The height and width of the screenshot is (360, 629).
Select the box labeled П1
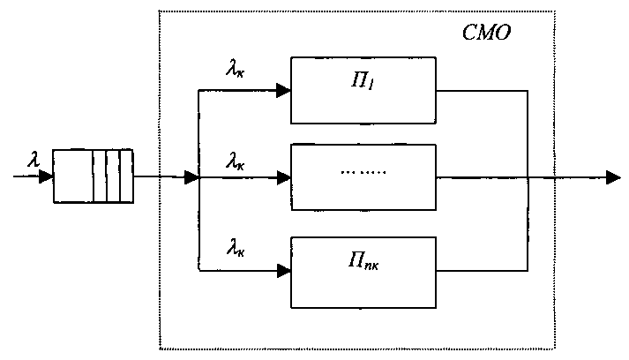coord(364,90)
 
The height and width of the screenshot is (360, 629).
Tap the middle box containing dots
coord(364,176)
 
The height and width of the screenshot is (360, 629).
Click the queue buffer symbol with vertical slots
coord(92,176)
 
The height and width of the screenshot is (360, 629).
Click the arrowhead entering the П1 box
coord(282,90)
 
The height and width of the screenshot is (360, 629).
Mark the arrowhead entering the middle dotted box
coord(282,177)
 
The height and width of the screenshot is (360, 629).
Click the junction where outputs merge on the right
coord(528,177)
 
